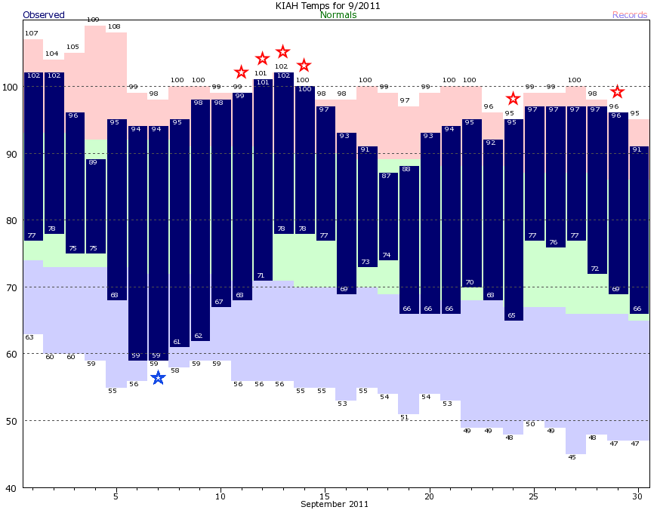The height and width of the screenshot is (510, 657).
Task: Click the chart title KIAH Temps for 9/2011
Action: coord(328,6)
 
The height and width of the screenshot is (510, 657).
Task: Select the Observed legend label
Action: coord(44,15)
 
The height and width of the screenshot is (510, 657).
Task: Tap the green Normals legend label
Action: coord(338,15)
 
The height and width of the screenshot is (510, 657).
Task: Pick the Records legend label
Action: coord(630,15)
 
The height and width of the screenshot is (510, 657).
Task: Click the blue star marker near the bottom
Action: coord(158,378)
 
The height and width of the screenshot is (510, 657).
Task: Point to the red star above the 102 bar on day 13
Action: coord(283,52)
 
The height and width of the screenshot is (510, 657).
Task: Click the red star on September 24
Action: coord(513,99)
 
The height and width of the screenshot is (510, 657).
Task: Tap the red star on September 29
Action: coord(617,92)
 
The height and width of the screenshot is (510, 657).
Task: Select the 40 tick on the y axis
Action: coord(13,488)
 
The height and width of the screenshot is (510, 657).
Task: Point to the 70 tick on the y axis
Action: coord(13,287)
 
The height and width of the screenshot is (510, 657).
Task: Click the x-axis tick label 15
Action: coord(325,496)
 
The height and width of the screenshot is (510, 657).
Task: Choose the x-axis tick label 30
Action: coord(638,496)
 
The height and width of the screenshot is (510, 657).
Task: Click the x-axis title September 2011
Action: coord(335,504)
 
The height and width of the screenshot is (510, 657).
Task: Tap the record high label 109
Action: coord(93,20)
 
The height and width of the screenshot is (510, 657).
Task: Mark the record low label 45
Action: coord(572,457)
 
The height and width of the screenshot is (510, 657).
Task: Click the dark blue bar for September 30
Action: coord(639,230)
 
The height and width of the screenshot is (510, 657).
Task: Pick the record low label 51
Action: coord(405,417)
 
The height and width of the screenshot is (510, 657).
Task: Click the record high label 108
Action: coord(114,26)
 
